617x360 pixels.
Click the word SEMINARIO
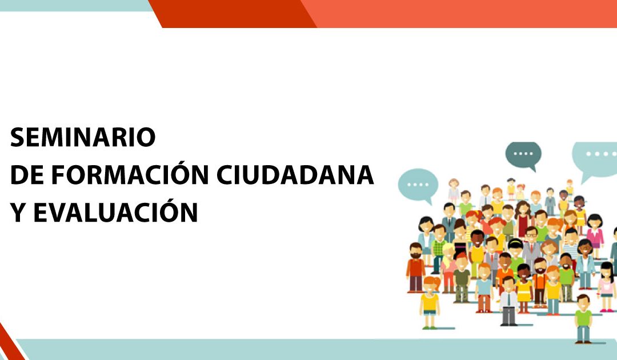click(83, 137)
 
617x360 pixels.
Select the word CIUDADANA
click(295, 175)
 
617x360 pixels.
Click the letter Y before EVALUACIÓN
click(18, 213)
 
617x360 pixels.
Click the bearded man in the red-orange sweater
click(415, 267)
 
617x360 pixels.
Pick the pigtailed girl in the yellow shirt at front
click(430, 302)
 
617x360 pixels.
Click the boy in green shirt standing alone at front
click(583, 318)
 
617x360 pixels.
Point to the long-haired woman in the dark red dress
click(523, 218)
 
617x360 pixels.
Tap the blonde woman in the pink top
click(448, 267)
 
